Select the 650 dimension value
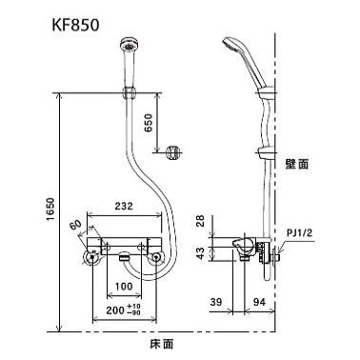tap(145, 124)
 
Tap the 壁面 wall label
tap(297, 164)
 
